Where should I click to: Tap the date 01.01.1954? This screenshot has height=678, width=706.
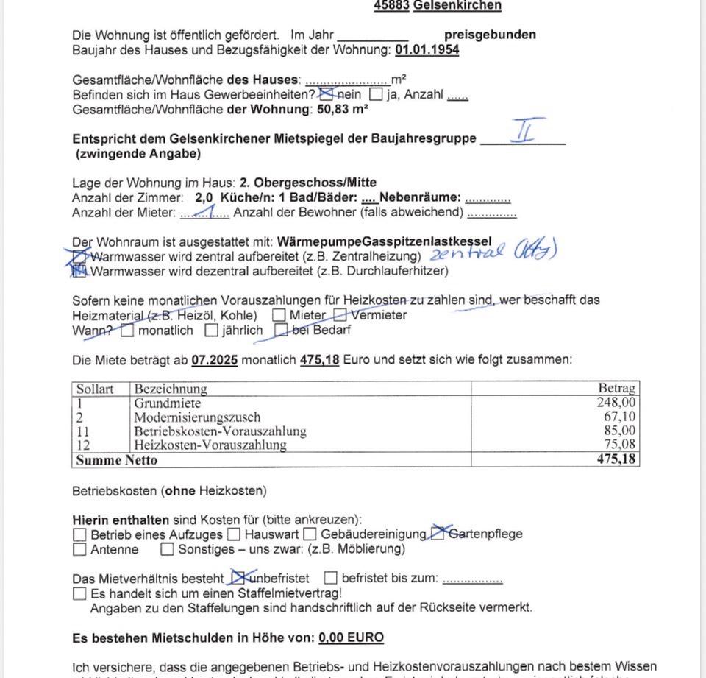tap(427, 50)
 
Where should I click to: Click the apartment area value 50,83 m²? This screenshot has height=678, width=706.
tap(343, 110)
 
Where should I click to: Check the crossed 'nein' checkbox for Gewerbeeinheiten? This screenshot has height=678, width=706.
tap(328, 94)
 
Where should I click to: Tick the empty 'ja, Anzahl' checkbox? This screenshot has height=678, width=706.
tap(376, 94)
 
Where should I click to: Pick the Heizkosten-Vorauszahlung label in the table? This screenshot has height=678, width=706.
tap(210, 445)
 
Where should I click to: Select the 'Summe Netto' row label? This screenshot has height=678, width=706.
tap(116, 460)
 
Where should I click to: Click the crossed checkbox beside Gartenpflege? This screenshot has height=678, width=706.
tap(438, 533)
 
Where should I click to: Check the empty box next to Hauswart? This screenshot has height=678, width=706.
tap(234, 534)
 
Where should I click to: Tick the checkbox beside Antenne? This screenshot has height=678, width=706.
tap(79, 549)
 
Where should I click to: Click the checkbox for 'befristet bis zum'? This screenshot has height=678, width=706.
tap(331, 578)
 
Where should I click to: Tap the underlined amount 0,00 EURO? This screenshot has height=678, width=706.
tap(352, 638)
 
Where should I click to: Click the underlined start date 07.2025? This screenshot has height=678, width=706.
tap(215, 360)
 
